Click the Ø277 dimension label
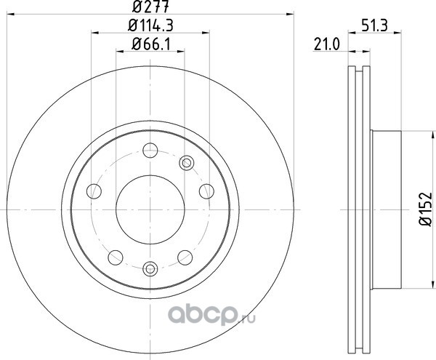(150, 7)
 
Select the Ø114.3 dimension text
(150, 25)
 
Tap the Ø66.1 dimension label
(150, 44)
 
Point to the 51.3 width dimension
(374, 25)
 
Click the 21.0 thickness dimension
(327, 44)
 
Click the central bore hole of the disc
(150, 209)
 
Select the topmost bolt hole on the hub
(150, 151)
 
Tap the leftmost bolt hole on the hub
(94, 191)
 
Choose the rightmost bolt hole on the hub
(206, 191)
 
